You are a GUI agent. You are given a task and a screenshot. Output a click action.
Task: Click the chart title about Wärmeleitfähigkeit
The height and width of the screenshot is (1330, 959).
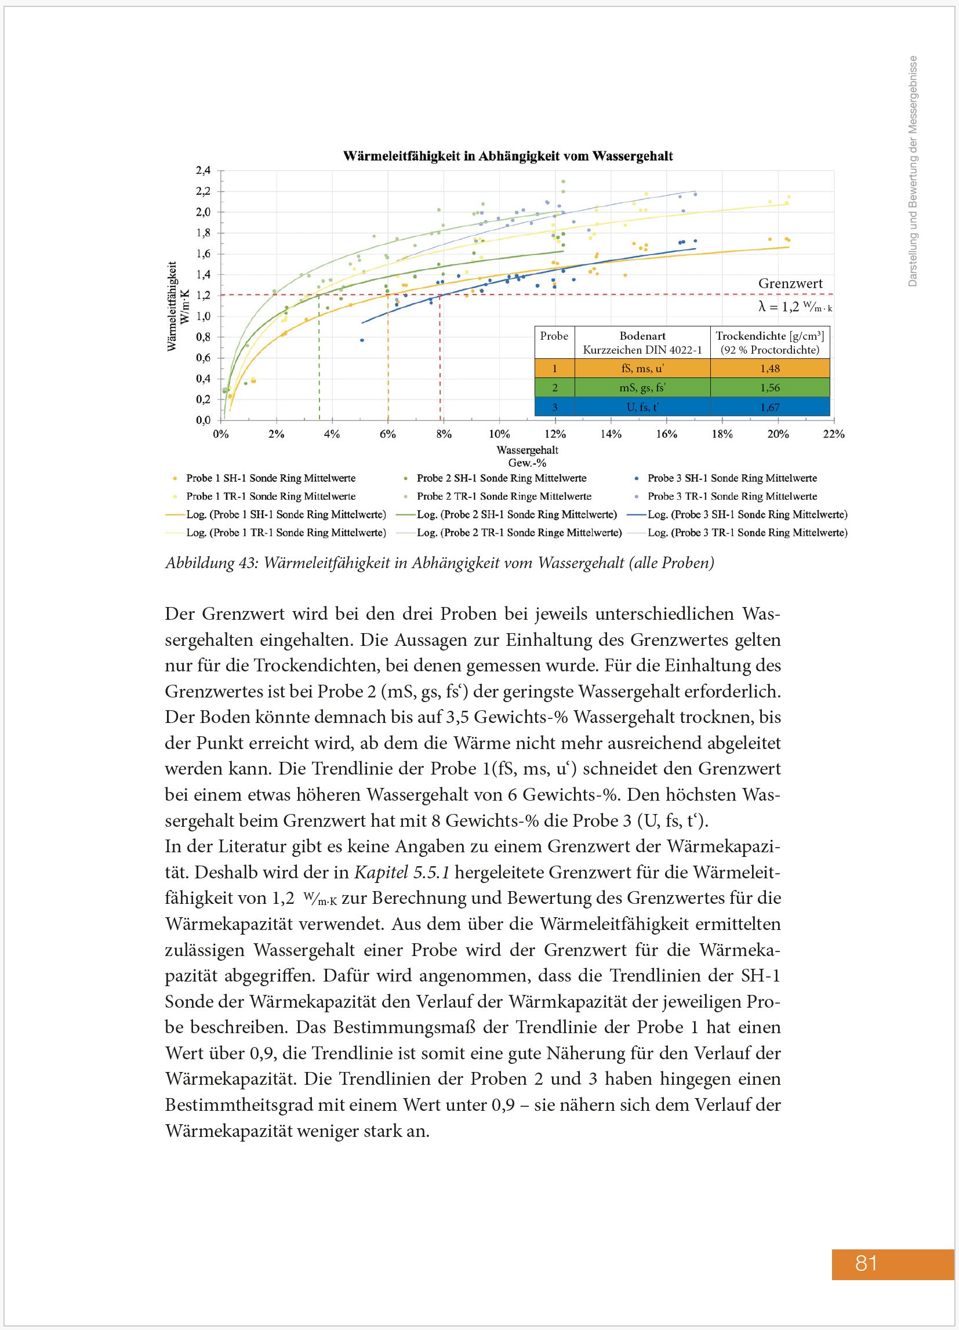[507, 156]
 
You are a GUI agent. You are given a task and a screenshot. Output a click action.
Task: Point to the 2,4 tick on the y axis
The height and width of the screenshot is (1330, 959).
[203, 170]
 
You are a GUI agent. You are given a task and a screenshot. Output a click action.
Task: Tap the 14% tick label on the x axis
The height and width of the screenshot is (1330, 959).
[610, 434]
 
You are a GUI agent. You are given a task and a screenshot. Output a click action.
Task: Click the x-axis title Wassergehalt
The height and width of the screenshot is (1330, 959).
[526, 450]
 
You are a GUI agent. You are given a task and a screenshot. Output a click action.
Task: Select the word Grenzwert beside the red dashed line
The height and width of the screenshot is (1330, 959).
[790, 284]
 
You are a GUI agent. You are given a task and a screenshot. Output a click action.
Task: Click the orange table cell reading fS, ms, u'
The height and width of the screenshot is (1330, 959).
[642, 368]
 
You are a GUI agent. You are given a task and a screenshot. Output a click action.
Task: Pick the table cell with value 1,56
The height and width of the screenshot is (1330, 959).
[769, 388]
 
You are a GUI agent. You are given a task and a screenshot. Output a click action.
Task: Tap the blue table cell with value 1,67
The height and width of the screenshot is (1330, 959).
[769, 407]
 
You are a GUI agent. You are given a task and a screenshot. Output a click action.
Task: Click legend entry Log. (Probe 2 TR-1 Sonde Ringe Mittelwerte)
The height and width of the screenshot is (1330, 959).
[519, 532]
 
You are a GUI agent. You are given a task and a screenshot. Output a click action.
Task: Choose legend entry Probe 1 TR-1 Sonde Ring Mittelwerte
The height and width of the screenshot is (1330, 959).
[270, 496]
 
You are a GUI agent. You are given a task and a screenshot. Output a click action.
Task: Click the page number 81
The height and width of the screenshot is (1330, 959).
[866, 1263]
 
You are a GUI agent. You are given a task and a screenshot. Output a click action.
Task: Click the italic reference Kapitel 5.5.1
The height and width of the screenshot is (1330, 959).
[402, 872]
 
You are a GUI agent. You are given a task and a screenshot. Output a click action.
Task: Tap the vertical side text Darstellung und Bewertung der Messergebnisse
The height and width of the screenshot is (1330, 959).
[912, 170]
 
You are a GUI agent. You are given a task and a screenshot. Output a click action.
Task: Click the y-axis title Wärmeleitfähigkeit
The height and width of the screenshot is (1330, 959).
[172, 306]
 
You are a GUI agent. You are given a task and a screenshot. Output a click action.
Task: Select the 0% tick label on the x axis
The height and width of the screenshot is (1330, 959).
[220, 434]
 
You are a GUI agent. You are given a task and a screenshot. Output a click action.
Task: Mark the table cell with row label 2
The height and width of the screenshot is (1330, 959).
[554, 388]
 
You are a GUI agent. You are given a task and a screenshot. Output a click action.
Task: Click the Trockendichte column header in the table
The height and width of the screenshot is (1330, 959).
[769, 343]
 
